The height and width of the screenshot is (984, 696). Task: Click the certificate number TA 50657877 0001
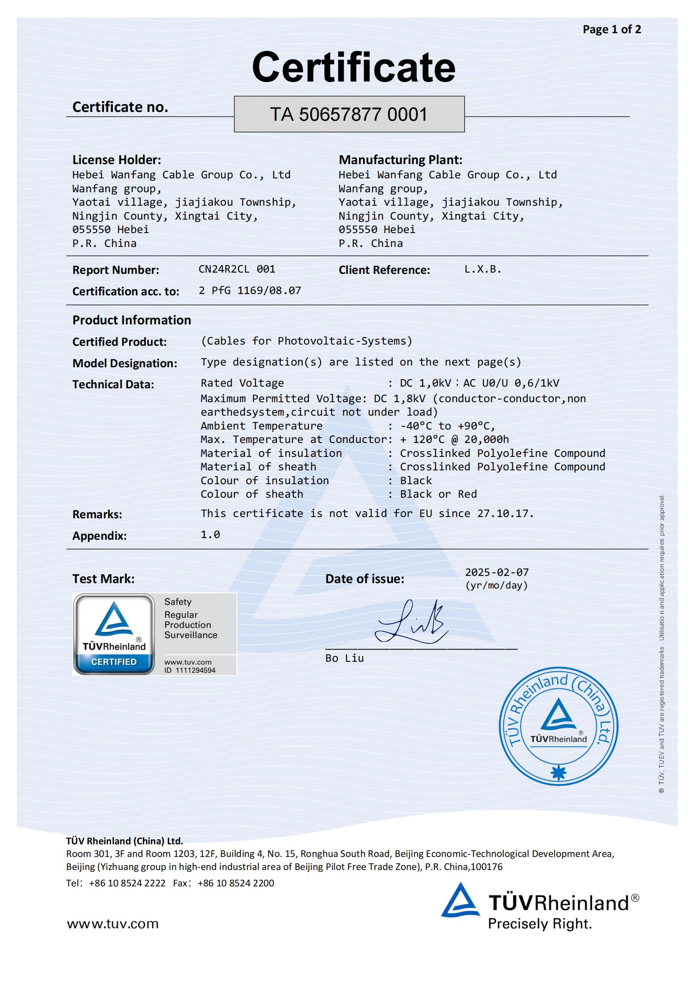click(349, 114)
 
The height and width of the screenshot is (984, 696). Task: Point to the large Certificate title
click(353, 67)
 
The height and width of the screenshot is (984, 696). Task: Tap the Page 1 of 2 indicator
click(611, 29)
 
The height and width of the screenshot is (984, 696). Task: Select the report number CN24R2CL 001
click(236, 269)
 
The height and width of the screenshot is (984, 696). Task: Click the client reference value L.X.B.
click(483, 269)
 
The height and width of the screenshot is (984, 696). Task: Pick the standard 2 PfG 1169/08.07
click(250, 291)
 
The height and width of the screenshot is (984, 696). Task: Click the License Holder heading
click(117, 160)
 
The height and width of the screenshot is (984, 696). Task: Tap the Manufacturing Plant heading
click(400, 160)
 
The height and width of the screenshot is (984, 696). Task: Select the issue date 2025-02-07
click(497, 572)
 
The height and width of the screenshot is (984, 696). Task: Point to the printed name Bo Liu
click(344, 658)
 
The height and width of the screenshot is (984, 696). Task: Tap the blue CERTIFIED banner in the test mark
click(114, 662)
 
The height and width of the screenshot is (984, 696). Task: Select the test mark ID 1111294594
click(190, 670)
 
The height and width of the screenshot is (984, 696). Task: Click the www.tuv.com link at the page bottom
click(112, 923)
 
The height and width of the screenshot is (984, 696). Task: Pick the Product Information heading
click(132, 320)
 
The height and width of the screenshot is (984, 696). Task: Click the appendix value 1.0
click(210, 534)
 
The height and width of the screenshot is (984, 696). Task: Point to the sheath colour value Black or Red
click(438, 494)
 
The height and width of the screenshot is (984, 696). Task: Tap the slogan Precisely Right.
click(539, 923)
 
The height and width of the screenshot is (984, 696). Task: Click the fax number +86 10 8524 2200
click(236, 883)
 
